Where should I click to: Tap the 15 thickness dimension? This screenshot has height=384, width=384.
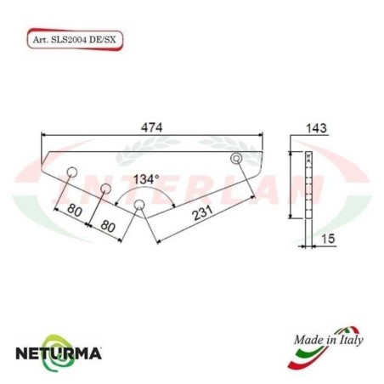point(325,241)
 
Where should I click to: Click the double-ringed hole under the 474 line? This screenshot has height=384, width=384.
point(237,160)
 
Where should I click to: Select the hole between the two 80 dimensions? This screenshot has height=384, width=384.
point(106,189)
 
